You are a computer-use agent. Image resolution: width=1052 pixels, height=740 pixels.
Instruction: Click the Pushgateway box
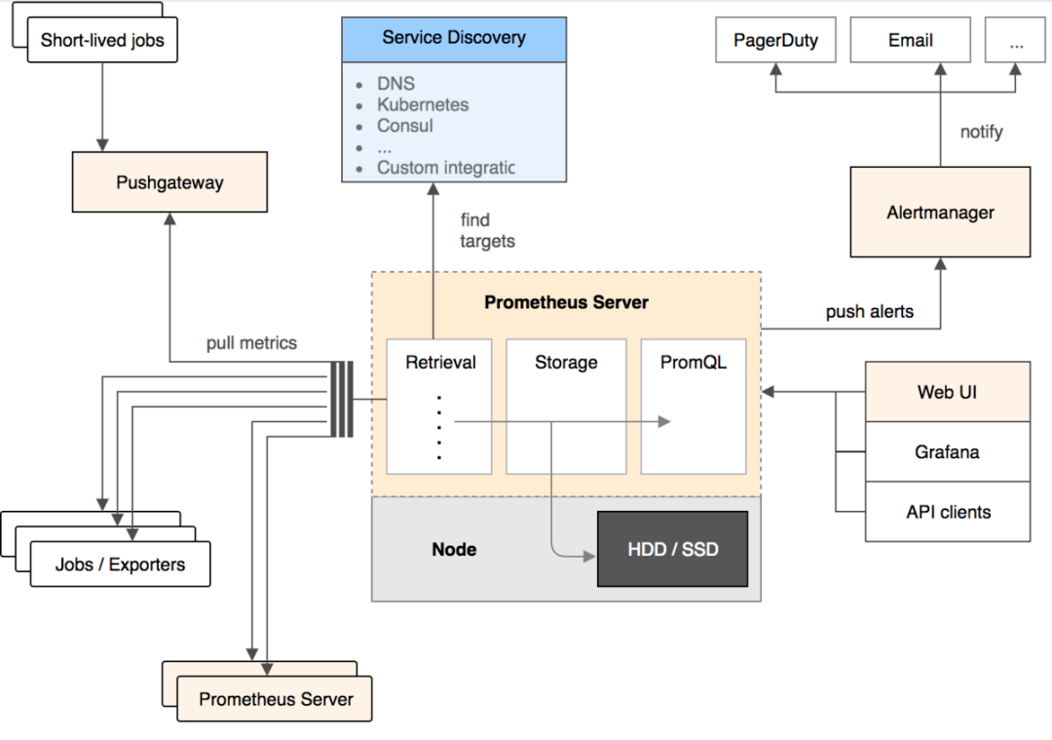[x=169, y=182]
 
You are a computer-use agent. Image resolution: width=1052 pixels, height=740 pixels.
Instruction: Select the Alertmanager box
[x=940, y=212]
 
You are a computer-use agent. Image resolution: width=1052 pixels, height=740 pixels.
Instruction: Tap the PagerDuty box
[x=775, y=41]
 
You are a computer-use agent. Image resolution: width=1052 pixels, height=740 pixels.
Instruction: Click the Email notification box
[x=910, y=41]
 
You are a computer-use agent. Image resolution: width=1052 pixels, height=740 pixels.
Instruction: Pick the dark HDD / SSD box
[x=672, y=549]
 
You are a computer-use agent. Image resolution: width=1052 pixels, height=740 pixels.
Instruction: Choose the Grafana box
[x=947, y=451]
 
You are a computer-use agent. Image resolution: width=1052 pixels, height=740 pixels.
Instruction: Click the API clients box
[x=947, y=512]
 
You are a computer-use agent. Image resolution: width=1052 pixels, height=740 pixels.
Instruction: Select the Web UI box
[x=947, y=392]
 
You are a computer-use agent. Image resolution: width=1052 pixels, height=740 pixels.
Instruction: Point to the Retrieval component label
[x=440, y=363]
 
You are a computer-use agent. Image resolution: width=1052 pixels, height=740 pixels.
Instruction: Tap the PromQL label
[x=694, y=363]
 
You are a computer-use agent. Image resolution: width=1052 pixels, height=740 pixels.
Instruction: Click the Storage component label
[x=566, y=363]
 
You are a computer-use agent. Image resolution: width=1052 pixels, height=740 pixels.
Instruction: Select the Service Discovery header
[x=454, y=39]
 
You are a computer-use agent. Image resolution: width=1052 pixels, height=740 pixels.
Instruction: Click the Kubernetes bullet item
[x=423, y=105]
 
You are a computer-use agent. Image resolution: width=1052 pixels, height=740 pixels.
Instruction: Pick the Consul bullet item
[x=405, y=126]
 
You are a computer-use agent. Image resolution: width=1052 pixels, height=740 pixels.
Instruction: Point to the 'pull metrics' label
[x=251, y=343]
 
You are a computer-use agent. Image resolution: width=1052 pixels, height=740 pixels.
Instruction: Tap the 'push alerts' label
[x=870, y=312]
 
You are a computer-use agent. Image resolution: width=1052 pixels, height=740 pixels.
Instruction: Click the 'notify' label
[x=981, y=132]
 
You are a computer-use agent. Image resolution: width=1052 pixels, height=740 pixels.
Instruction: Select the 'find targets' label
[x=487, y=231]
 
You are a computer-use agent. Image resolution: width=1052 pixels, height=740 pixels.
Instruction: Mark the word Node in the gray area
[x=454, y=549]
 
